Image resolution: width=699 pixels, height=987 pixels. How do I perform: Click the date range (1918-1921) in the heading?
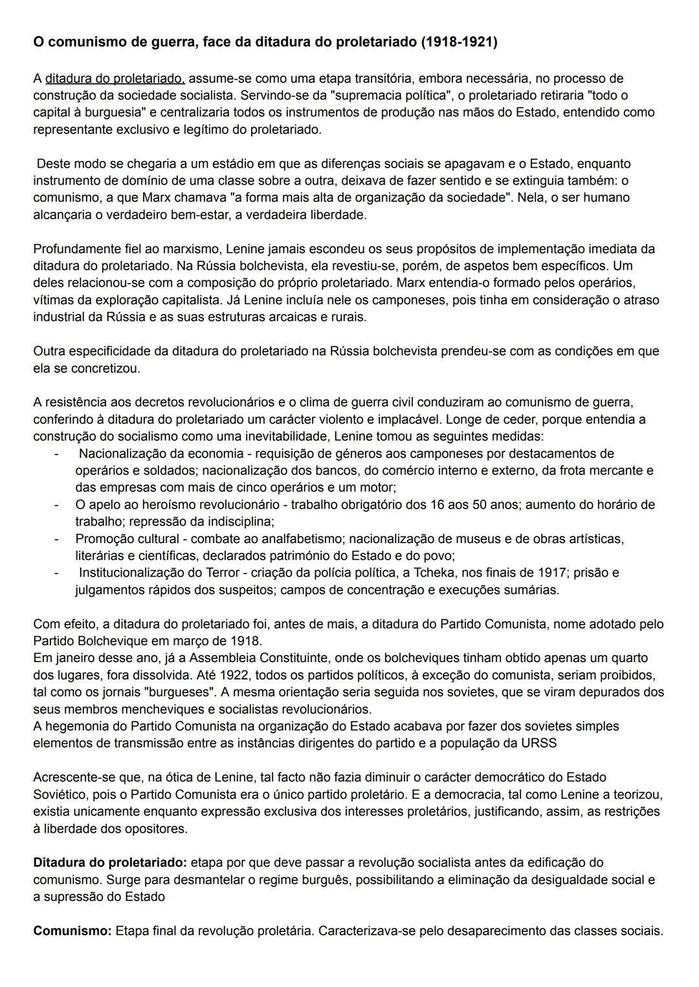459,43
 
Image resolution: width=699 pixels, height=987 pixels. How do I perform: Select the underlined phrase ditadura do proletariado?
115,79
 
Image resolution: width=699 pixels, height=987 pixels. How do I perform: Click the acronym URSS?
538,743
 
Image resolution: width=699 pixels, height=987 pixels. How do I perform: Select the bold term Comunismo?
72,931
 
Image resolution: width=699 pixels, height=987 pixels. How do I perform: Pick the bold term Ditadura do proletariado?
110,863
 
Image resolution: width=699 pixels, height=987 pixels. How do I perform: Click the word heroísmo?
164,504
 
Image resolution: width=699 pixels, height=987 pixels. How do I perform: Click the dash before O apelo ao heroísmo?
56,504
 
